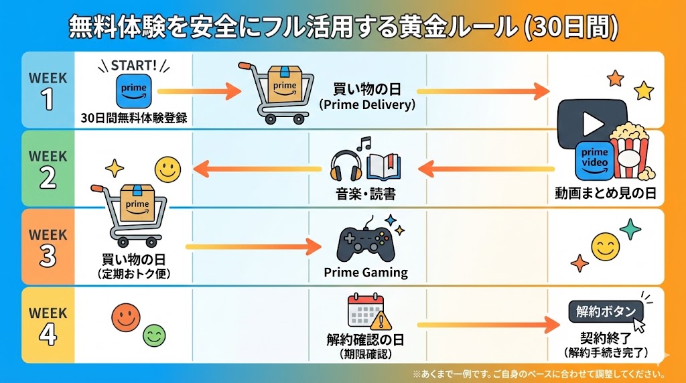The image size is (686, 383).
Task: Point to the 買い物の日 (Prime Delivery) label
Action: click(367, 96)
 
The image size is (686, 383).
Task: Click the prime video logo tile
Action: click(594, 161)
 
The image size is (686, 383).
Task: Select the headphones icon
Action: click(346, 167)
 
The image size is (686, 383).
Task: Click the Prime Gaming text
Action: click(366, 273)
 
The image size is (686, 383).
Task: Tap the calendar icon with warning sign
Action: click(365, 312)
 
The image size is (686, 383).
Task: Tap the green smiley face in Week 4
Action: click(154, 334)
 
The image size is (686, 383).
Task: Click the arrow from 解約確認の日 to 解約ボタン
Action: click(488, 325)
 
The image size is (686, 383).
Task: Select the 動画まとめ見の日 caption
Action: click(605, 194)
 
